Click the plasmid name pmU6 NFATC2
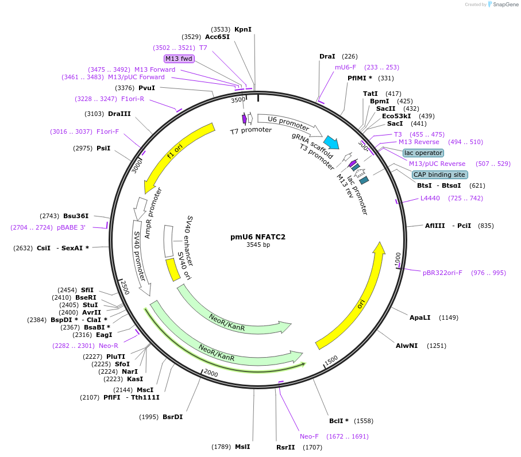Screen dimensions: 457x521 click(258, 237)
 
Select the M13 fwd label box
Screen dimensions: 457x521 click(179, 59)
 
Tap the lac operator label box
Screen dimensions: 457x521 click(423, 153)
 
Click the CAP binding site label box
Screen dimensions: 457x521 click(439, 175)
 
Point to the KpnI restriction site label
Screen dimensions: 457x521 click(243, 29)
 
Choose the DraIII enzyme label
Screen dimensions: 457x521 click(119, 114)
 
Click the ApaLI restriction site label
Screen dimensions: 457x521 click(419, 317)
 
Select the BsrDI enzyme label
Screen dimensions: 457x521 click(172, 417)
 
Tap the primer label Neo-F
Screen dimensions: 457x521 click(309, 436)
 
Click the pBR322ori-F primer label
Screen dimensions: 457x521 click(442, 273)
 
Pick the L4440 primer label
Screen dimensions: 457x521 click(430, 198)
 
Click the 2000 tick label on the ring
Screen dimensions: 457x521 click(211, 373)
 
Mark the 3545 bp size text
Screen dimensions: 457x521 click(258, 245)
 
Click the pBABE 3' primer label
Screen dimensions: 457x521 click(71, 227)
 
